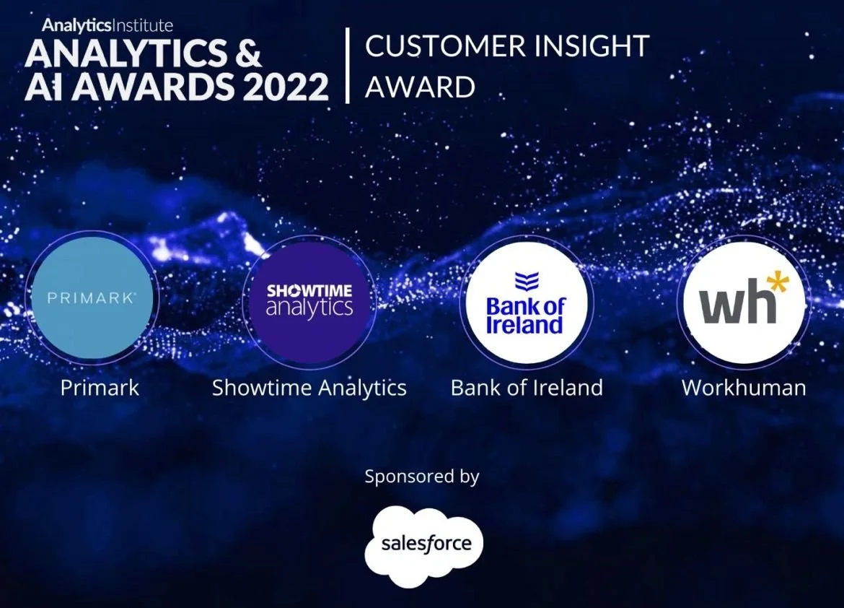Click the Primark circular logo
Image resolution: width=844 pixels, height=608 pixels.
pyautogui.click(x=92, y=298)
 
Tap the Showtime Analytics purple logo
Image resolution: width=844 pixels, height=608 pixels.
pyautogui.click(x=309, y=302)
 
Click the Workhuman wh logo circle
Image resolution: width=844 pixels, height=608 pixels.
pyautogui.click(x=744, y=303)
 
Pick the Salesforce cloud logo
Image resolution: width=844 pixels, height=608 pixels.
pyautogui.click(x=424, y=545)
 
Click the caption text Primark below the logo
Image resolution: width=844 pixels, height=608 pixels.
pyautogui.click(x=100, y=388)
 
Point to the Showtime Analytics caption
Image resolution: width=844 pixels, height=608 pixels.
pyautogui.click(x=309, y=388)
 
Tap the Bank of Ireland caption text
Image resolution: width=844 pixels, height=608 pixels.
pyautogui.click(x=527, y=388)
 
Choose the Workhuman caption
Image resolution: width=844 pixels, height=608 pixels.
pyautogui.click(x=744, y=388)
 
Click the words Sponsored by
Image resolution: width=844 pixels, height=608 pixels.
pyautogui.click(x=422, y=477)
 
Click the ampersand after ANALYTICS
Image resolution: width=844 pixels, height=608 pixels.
pyautogui.click(x=249, y=53)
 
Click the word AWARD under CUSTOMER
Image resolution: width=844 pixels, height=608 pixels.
pyautogui.click(x=421, y=87)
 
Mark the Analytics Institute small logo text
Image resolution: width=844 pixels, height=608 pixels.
pyautogui.click(x=107, y=25)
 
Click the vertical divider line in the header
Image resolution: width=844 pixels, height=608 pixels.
pyautogui.click(x=348, y=65)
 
